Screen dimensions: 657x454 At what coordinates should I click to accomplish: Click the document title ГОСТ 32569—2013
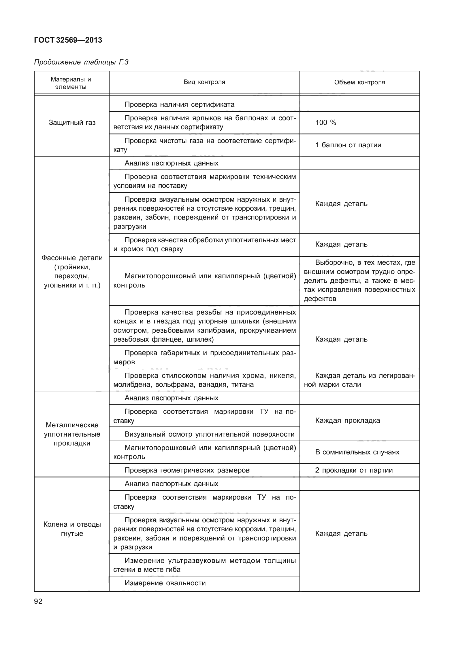(68, 40)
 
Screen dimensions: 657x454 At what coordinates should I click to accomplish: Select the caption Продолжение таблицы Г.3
(81, 62)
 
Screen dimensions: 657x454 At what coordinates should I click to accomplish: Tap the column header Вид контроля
(204, 82)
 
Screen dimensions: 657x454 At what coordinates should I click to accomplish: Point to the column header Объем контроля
(359, 83)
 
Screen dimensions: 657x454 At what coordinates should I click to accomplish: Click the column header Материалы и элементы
(71, 83)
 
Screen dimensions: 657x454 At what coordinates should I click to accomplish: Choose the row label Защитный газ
(72, 123)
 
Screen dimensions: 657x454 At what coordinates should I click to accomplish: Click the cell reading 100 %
(326, 123)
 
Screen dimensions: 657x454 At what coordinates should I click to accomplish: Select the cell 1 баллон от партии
(348, 145)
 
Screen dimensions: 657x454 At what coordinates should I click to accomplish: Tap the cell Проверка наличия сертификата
(179, 104)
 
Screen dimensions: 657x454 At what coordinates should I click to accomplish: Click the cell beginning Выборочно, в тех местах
(359, 281)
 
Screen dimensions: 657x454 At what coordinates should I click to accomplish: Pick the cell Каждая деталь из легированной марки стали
(359, 380)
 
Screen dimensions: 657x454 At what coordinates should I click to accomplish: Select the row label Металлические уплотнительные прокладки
(72, 434)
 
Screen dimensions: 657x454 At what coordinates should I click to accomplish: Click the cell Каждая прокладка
(348, 420)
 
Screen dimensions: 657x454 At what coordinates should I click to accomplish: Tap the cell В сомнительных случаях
(357, 452)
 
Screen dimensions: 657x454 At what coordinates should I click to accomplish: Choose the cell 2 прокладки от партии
(354, 470)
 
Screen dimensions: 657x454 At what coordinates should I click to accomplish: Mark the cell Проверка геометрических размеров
(187, 470)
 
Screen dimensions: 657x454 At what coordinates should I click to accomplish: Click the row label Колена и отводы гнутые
(72, 529)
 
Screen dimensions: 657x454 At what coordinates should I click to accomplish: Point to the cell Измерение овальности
(165, 583)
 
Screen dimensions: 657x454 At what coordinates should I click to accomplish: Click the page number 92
(38, 601)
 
